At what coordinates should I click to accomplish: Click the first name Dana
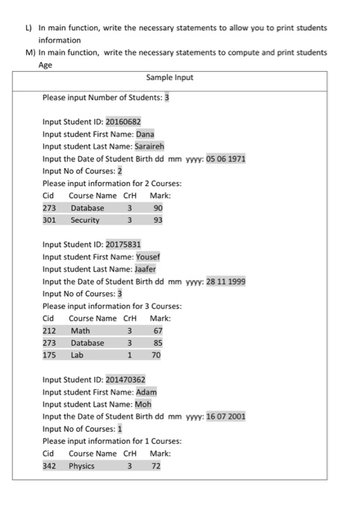coord(145,134)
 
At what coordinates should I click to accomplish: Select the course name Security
coord(85,220)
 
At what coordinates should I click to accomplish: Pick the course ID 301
coord(49,220)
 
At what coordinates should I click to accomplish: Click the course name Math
coord(80,330)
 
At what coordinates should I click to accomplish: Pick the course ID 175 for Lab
coord(49,356)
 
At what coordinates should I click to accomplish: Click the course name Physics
coord(82,465)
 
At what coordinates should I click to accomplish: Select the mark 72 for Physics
coord(156,465)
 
